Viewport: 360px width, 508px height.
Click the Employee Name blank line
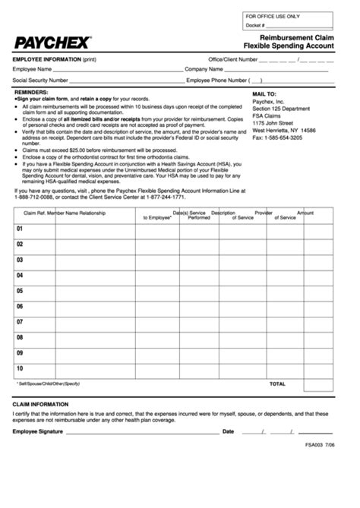(x=122, y=70)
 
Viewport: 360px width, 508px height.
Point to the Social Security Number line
(x=129, y=80)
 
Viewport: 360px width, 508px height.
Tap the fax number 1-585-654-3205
(x=277, y=137)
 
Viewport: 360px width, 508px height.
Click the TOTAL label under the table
(x=276, y=384)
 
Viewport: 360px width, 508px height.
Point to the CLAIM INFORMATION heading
(x=41, y=405)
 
